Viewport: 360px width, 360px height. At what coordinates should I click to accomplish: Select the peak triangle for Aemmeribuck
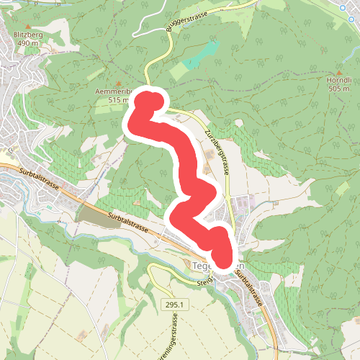click(117, 82)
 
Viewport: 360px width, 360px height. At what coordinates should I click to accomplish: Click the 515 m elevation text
click(117, 100)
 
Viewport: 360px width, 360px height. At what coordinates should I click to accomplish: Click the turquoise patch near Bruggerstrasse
click(202, 55)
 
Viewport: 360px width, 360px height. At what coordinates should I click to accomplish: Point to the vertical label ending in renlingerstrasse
click(173, 338)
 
